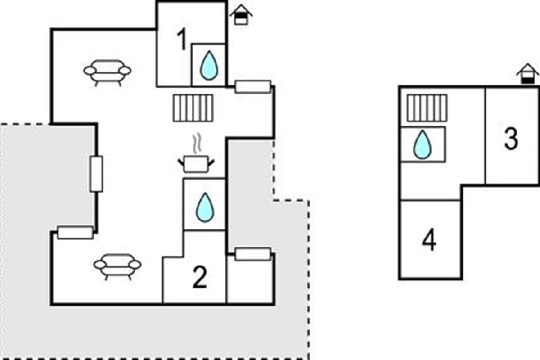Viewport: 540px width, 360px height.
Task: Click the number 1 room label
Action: coord(182,40)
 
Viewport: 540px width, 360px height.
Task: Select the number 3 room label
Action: coord(511,139)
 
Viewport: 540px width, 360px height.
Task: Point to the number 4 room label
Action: coord(429,241)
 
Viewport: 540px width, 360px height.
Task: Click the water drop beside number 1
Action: coord(209,65)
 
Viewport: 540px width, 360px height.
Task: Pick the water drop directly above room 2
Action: coord(205,207)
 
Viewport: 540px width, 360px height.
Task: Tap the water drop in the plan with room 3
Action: coord(422,145)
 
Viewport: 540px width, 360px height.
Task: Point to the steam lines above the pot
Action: coord(196,143)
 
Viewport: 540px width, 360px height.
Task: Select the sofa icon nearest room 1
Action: coord(108,71)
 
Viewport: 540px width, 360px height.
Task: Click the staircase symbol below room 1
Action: coord(193,108)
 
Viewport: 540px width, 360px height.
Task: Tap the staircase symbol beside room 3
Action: coord(427,108)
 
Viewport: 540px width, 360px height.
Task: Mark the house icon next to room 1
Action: coord(241,14)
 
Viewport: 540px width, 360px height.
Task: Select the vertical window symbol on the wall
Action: coord(96,174)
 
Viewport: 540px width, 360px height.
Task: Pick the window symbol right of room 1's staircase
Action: coord(253,86)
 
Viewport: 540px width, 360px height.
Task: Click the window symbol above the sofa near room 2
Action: coord(75,233)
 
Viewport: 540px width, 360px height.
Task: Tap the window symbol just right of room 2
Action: coord(253,254)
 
